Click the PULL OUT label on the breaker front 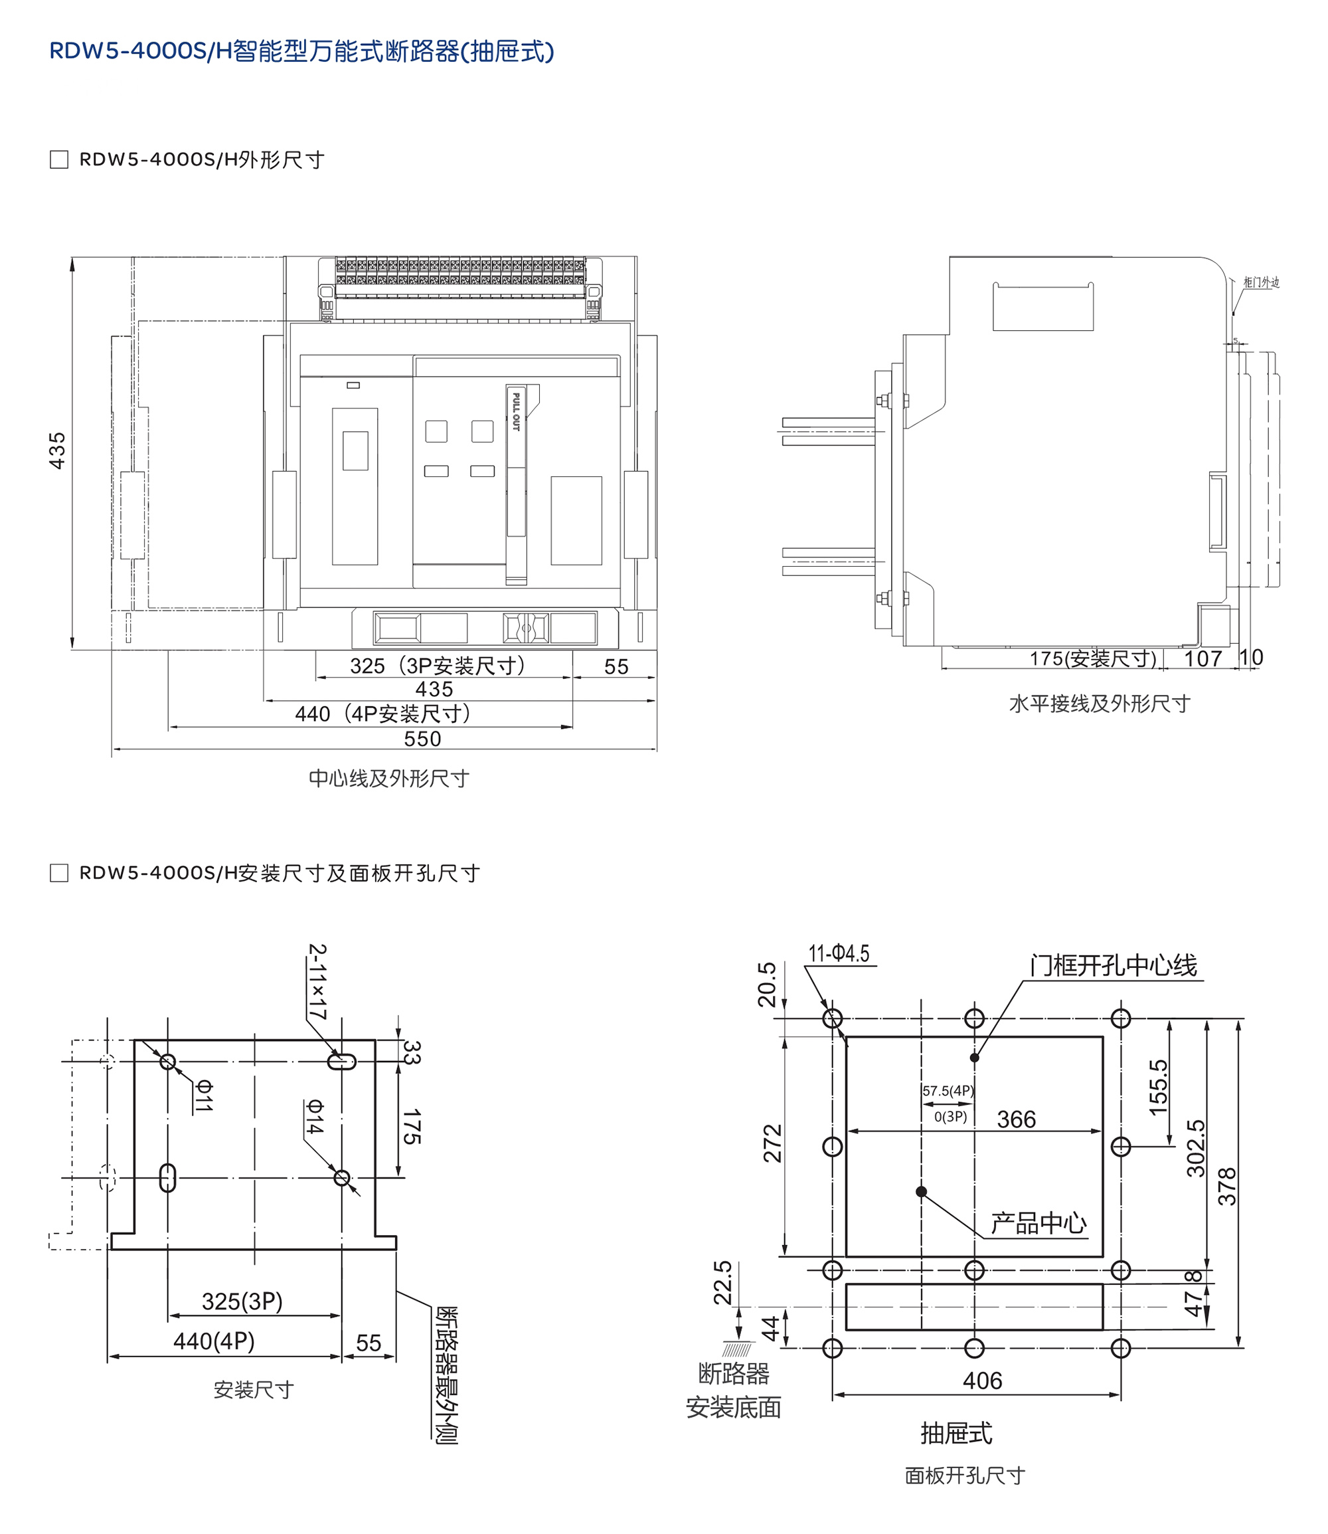(x=516, y=411)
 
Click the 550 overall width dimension (x=422, y=739)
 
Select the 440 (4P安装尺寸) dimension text (x=382, y=714)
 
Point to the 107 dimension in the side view (x=1202, y=658)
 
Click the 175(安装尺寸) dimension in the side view (x=1092, y=658)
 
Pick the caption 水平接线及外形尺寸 (x=1099, y=704)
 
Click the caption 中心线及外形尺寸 (x=389, y=779)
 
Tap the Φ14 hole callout (x=315, y=1117)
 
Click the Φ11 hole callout (x=205, y=1096)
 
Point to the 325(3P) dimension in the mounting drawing (x=242, y=1301)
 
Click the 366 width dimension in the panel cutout (x=1016, y=1119)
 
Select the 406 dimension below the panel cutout (x=983, y=1381)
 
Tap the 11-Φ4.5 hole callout (x=839, y=953)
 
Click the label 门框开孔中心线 (x=1113, y=965)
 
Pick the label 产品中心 (x=1039, y=1223)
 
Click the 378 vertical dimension (x=1228, y=1187)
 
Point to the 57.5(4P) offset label (x=948, y=1091)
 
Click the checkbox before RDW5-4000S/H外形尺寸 (x=58, y=159)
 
